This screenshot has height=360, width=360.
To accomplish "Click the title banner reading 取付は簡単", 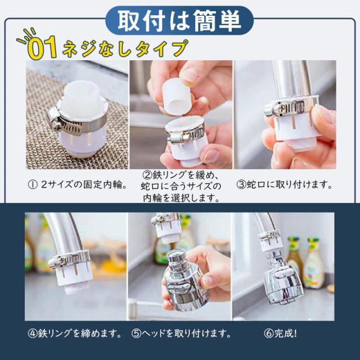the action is point(179,20).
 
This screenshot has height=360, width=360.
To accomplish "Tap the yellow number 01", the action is point(42,48).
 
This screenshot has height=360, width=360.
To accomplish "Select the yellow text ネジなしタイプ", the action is point(125,48).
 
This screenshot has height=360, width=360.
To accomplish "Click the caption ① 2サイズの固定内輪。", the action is point(78,184).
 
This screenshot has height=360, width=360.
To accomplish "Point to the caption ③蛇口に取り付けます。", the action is point(284,184).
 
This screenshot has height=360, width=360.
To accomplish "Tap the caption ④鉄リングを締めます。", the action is point(75,334).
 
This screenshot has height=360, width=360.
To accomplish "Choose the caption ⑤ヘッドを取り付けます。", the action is point(181,334).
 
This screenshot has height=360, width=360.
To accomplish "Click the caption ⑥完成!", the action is point(280,334).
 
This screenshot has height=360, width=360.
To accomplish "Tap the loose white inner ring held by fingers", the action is point(177,96).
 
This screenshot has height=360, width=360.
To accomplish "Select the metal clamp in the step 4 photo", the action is point(69,259).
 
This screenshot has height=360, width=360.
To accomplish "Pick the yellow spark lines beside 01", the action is point(26,37).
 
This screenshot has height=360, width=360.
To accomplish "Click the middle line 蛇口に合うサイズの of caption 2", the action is point(181,186).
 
